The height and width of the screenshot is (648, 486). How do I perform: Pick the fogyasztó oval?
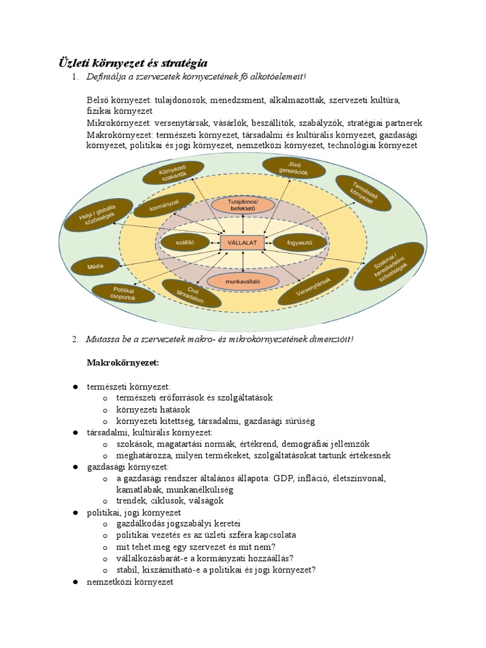pos(300,242)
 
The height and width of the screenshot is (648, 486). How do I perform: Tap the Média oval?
pos(96,267)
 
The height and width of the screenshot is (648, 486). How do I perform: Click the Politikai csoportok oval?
pos(119,292)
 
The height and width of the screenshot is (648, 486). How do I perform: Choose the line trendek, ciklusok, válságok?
pos(170,500)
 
